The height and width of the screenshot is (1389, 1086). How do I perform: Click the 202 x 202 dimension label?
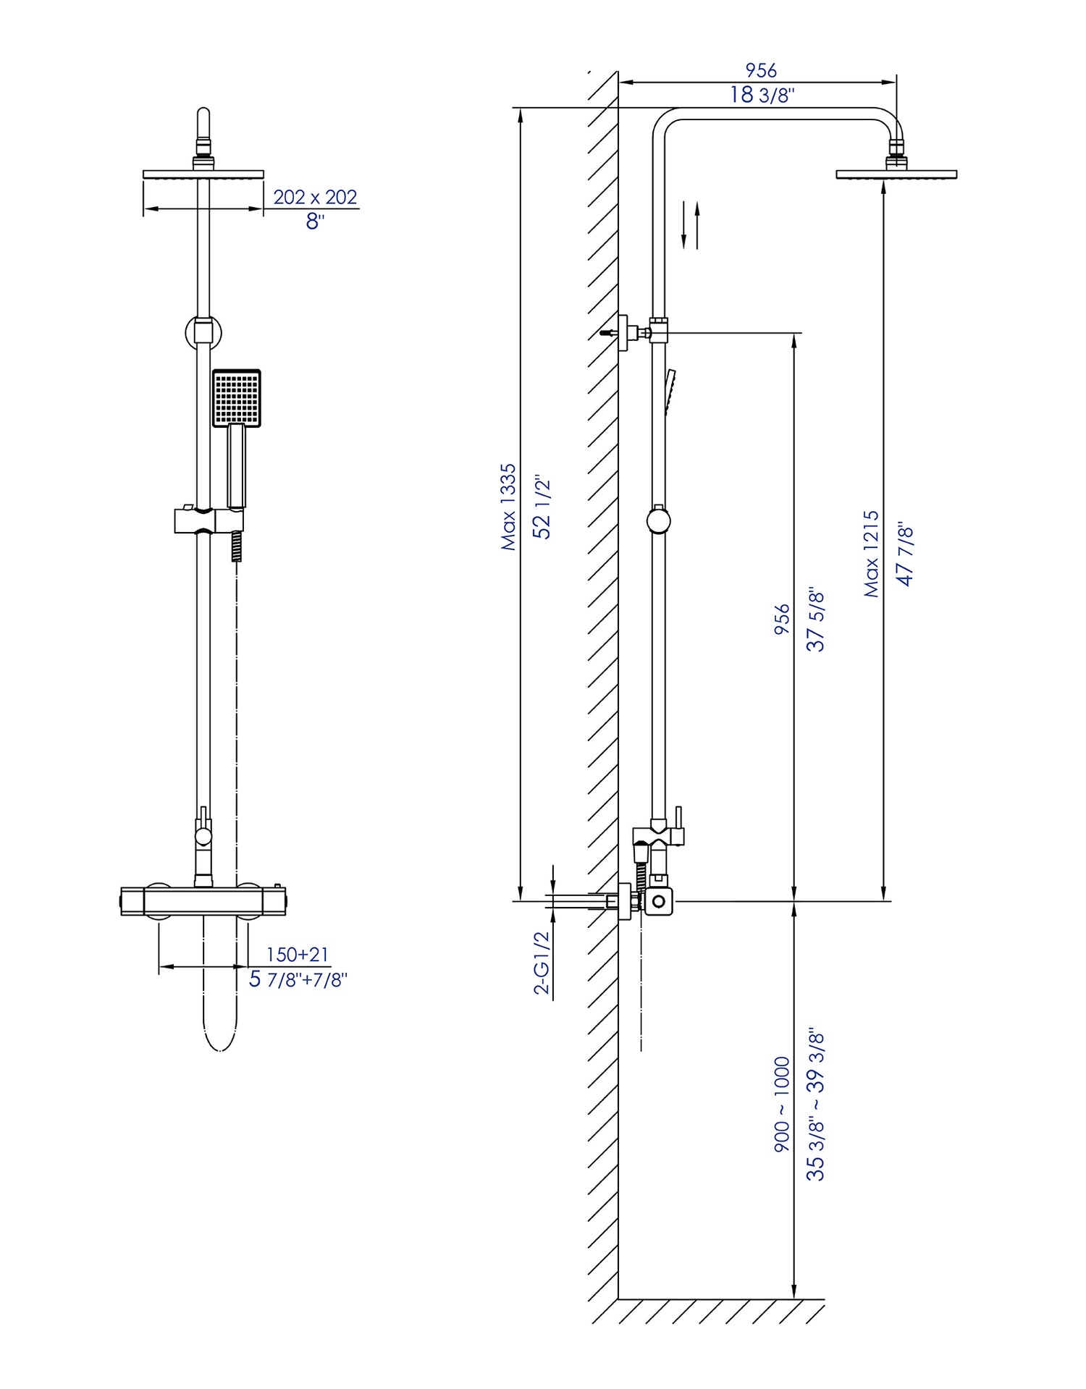click(315, 197)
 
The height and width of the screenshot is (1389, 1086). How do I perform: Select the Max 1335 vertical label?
click(509, 507)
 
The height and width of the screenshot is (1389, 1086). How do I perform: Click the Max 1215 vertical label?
click(872, 554)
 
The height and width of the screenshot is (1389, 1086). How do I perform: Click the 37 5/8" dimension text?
click(816, 620)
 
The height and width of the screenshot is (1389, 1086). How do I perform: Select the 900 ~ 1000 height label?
click(782, 1105)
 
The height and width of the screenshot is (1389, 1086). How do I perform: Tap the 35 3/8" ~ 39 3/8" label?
click(816, 1105)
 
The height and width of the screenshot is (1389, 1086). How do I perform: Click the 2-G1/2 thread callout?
click(542, 963)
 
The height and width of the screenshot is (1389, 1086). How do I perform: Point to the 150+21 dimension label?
click(298, 955)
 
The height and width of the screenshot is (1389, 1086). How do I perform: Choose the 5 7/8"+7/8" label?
click(298, 979)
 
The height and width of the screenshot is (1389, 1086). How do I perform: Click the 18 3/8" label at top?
click(762, 95)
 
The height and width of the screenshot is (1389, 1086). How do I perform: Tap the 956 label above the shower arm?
click(761, 70)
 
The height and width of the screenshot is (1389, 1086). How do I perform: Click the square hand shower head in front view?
click(237, 398)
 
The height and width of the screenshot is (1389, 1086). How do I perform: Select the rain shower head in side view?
click(896, 174)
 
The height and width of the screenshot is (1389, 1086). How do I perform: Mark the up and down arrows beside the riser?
click(691, 225)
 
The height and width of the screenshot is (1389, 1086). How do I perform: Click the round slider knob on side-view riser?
click(658, 520)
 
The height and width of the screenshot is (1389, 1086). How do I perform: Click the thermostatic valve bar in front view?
click(203, 901)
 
